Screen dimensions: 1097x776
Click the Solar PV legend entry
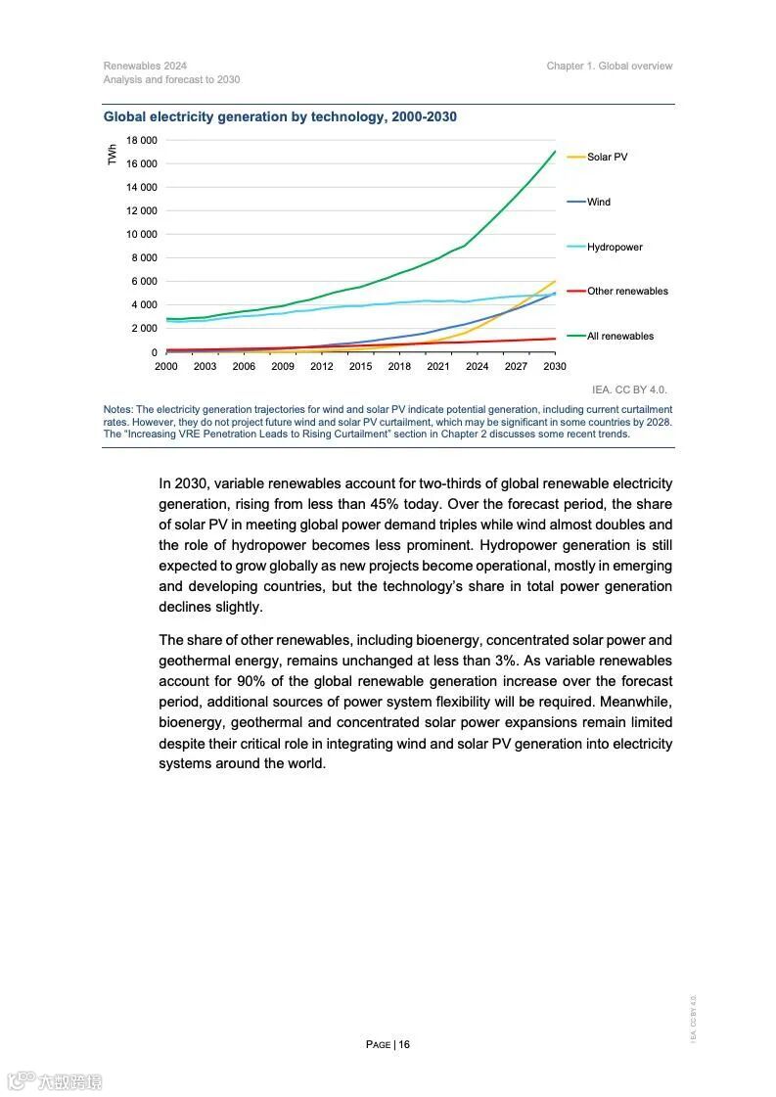click(x=607, y=157)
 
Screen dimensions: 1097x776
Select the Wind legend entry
click(x=598, y=202)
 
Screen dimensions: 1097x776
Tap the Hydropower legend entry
click(x=615, y=247)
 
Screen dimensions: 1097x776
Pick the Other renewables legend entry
click(x=627, y=291)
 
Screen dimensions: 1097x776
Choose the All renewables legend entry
click(x=620, y=336)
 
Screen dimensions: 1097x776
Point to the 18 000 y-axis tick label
click(x=142, y=140)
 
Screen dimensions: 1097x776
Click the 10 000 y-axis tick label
click(x=142, y=234)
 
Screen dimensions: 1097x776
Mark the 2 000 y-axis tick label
click(x=145, y=328)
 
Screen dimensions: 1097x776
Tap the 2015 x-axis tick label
click(x=360, y=367)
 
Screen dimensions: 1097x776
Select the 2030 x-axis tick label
click(x=555, y=367)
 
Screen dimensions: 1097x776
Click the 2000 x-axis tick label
click(x=166, y=367)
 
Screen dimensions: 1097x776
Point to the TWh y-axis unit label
click(x=112, y=155)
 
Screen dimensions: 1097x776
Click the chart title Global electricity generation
click(x=280, y=117)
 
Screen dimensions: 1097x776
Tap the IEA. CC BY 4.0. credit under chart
click(x=629, y=389)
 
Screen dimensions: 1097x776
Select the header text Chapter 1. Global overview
click(x=610, y=67)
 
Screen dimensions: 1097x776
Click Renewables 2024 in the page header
click(x=145, y=67)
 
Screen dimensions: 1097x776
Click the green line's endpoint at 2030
click(x=555, y=152)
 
